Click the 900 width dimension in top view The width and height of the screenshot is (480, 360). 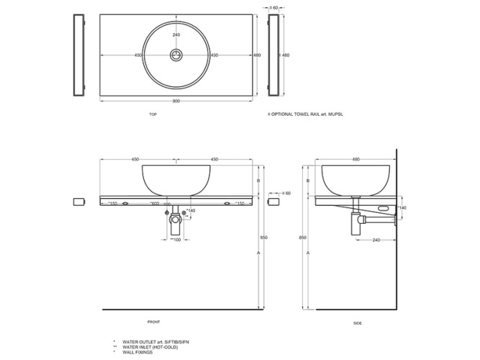[x=176, y=101]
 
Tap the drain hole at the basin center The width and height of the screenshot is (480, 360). [x=176, y=55]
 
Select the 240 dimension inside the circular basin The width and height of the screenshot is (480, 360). [x=176, y=35]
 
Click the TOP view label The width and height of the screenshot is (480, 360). [x=153, y=114]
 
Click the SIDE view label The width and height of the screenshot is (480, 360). [x=358, y=323]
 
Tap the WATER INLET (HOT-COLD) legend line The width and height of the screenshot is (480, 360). [x=148, y=346]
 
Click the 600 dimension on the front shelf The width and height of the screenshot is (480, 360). [x=154, y=204]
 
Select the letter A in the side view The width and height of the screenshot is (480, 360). [x=308, y=253]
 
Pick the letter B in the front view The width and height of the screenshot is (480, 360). [x=258, y=181]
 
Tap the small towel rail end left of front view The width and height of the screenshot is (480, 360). [x=80, y=199]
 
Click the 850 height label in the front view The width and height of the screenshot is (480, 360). [x=264, y=237]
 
